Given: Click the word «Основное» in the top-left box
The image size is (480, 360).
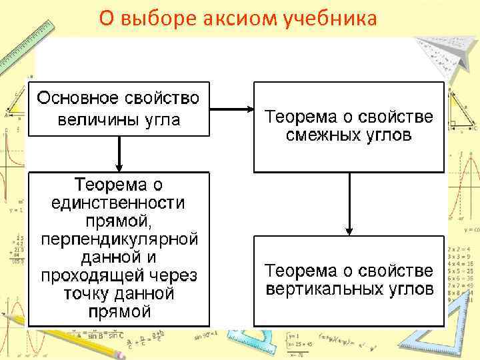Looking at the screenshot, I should pos(77,99).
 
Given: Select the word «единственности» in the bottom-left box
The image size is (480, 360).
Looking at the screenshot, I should pos(119,202).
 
